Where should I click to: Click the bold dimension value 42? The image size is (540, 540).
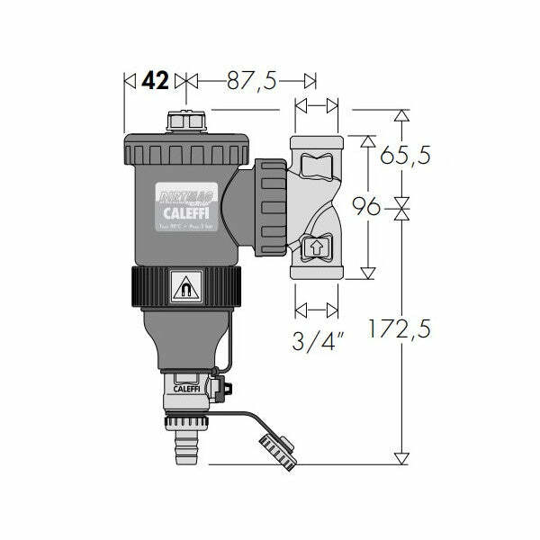[155, 80]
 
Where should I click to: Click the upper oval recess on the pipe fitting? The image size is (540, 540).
[317, 167]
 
